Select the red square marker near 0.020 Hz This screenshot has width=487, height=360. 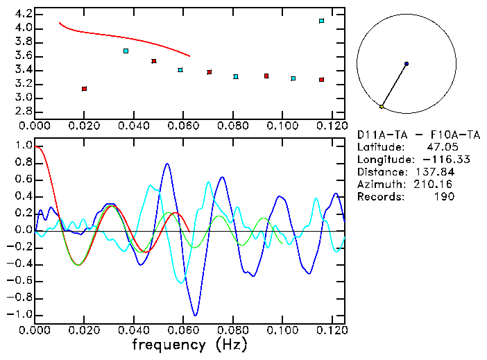click(x=84, y=89)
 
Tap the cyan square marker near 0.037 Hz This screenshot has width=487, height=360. click(x=126, y=51)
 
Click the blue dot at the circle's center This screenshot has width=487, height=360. click(x=406, y=64)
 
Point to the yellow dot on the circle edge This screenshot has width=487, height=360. click(x=382, y=106)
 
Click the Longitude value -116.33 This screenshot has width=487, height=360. click(x=436, y=160)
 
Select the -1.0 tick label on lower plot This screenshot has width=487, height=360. click(x=20, y=314)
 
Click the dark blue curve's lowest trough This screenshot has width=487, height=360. click(x=196, y=315)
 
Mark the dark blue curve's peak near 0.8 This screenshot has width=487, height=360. click(x=167, y=164)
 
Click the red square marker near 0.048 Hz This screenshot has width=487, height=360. click(x=153, y=61)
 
